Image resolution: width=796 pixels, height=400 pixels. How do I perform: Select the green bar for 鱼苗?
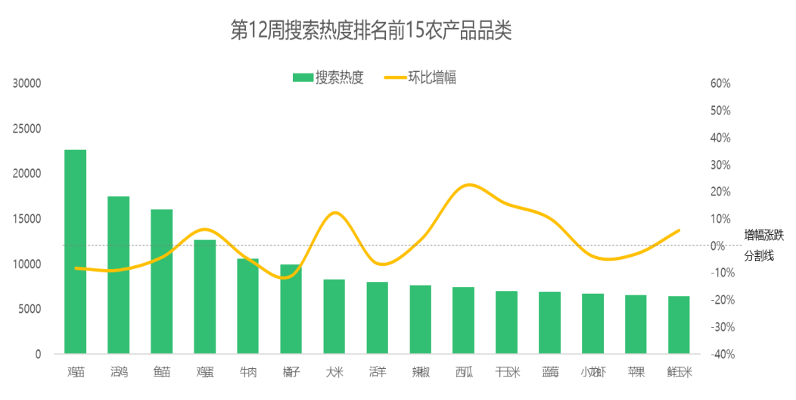tap(162, 281)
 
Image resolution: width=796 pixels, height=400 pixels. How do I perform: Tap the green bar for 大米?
tap(334, 316)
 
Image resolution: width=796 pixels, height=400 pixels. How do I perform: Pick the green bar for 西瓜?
tap(464, 320)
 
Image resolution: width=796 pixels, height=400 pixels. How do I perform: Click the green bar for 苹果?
tap(636, 324)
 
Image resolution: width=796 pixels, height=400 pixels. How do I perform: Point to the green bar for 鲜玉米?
tap(679, 325)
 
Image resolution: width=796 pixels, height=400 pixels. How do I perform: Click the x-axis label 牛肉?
tap(248, 372)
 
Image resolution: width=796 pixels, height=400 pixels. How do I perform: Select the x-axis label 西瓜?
tap(464, 372)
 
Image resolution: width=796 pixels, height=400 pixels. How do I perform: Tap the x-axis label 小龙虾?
tap(593, 372)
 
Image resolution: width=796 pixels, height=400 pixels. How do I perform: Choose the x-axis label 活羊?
tap(378, 372)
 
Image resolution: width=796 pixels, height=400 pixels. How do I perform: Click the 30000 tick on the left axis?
tap(27, 83)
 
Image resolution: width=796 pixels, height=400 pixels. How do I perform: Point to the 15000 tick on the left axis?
tap(27, 219)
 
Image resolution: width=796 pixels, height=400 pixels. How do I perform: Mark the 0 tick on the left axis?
tap(38, 355)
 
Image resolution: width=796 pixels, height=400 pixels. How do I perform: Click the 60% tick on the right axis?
tap(720, 83)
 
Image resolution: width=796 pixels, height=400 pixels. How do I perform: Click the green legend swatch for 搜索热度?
tap(303, 77)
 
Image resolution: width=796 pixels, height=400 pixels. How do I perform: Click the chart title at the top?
tap(372, 31)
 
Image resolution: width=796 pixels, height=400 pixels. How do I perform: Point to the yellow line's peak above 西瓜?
tap(469, 184)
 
